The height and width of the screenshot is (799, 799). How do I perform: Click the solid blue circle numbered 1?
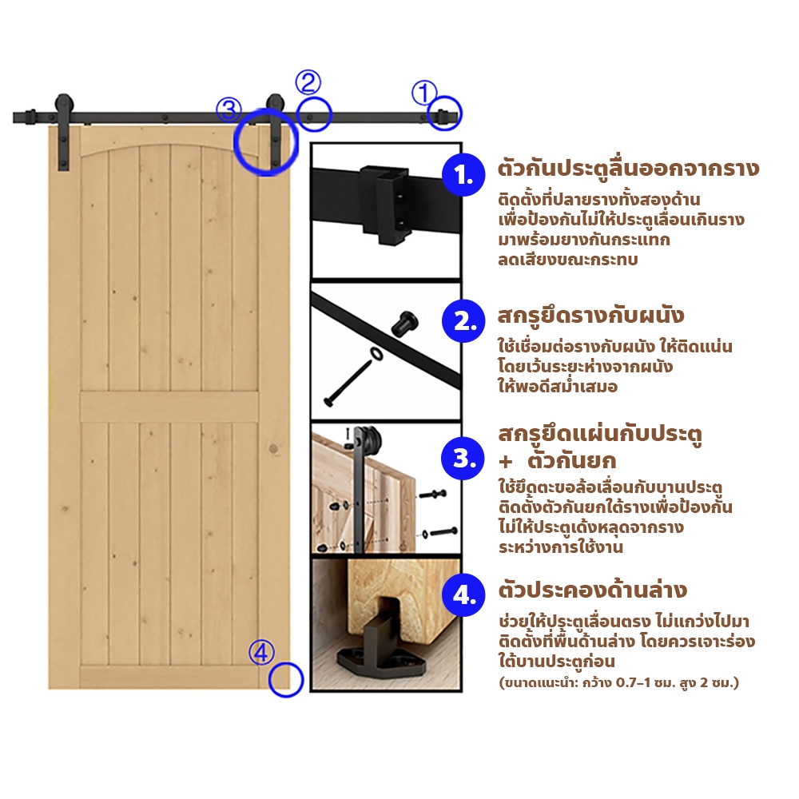[x=463, y=175]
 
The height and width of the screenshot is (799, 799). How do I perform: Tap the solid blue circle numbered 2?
[x=463, y=321]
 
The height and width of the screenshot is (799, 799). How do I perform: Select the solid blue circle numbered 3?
[x=463, y=458]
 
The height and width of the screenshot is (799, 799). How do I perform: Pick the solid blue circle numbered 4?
[x=463, y=594]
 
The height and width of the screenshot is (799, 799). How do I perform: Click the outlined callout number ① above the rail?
[x=424, y=93]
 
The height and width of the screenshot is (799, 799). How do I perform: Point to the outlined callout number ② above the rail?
[x=308, y=82]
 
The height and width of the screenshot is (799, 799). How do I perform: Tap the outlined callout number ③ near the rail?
[x=229, y=110]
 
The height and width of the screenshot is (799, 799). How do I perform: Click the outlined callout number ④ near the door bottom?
[x=261, y=652]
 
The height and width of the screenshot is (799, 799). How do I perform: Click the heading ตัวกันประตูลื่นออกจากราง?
[x=628, y=169]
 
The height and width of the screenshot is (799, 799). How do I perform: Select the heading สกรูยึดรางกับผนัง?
[x=590, y=316]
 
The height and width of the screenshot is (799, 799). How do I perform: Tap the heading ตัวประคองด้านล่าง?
[x=593, y=590]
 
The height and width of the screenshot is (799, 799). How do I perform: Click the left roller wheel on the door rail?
[x=64, y=105]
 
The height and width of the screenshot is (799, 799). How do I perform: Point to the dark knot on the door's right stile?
[x=273, y=449]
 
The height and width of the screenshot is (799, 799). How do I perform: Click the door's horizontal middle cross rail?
[x=169, y=407]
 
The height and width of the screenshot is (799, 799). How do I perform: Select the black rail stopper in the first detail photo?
[x=385, y=204]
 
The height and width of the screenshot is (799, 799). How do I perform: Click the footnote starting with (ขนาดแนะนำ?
[x=618, y=682]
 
